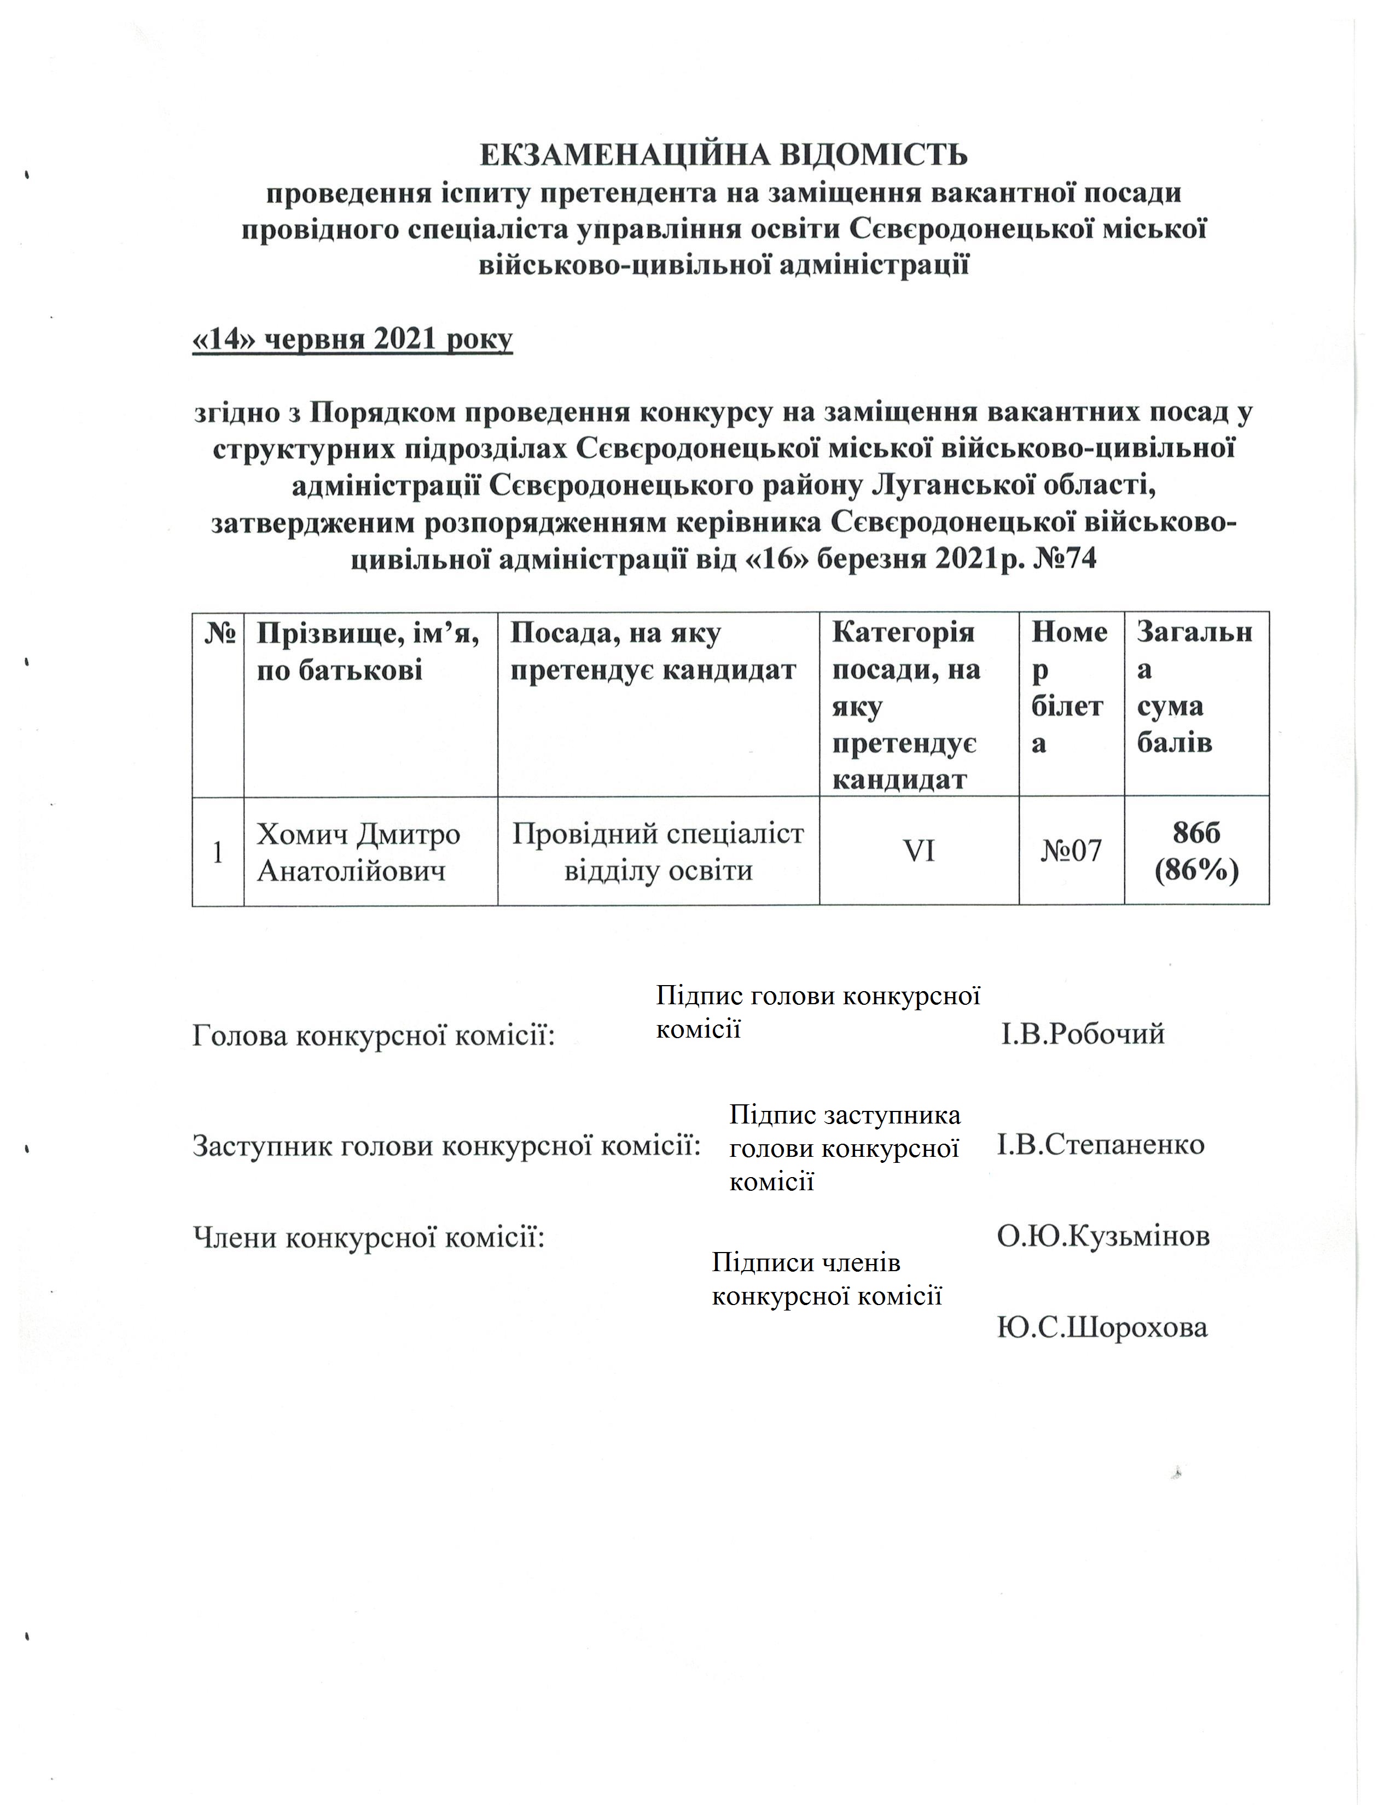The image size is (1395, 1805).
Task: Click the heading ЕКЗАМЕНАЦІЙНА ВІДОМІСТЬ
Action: click(723, 155)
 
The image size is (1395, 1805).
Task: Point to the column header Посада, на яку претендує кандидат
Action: click(653, 651)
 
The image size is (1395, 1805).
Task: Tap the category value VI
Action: click(919, 851)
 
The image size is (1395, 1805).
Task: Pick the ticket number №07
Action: click(1071, 851)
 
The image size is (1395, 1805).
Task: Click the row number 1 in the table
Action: click(218, 852)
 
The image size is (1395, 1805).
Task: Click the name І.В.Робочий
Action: click(1083, 1034)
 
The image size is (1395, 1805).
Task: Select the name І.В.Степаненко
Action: click(1101, 1145)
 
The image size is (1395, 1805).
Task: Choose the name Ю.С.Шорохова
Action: click(1102, 1328)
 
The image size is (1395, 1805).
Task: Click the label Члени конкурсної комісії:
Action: click(369, 1237)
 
